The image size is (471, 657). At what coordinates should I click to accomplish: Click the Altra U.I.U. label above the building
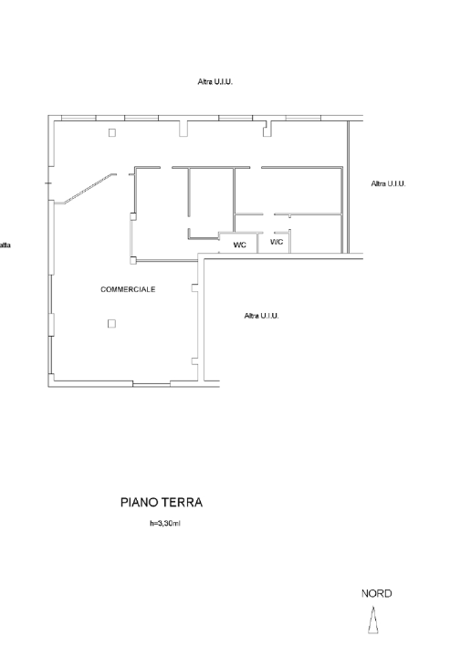(x=215, y=82)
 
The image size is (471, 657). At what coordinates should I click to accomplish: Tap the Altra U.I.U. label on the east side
(x=389, y=183)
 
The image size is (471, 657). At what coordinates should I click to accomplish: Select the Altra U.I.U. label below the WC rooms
(x=261, y=316)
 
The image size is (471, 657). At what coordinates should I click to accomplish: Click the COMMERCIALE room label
(x=128, y=289)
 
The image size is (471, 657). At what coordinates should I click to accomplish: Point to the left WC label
(x=240, y=245)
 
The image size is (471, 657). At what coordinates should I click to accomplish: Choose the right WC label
(x=277, y=242)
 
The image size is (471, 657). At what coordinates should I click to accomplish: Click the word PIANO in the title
(x=139, y=503)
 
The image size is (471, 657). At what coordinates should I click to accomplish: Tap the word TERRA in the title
(x=183, y=503)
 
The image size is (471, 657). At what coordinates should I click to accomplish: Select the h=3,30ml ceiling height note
(x=165, y=524)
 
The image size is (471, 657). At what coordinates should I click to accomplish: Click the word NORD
(x=377, y=593)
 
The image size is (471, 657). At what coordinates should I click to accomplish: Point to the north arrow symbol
(x=373, y=621)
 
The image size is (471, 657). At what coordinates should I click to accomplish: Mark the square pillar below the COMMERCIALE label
(x=111, y=323)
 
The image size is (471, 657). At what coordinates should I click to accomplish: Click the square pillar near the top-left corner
(x=112, y=133)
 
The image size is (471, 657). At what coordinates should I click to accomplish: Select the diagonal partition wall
(x=89, y=189)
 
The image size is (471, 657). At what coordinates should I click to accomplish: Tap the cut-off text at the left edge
(x=5, y=245)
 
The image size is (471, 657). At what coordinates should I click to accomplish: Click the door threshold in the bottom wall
(x=152, y=384)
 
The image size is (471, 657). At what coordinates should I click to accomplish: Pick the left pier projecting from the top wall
(x=183, y=129)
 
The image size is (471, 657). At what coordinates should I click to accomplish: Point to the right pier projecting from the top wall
(x=267, y=129)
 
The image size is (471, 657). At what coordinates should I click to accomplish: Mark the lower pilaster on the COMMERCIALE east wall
(x=194, y=361)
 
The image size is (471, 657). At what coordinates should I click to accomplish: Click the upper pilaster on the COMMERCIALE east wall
(x=194, y=287)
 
